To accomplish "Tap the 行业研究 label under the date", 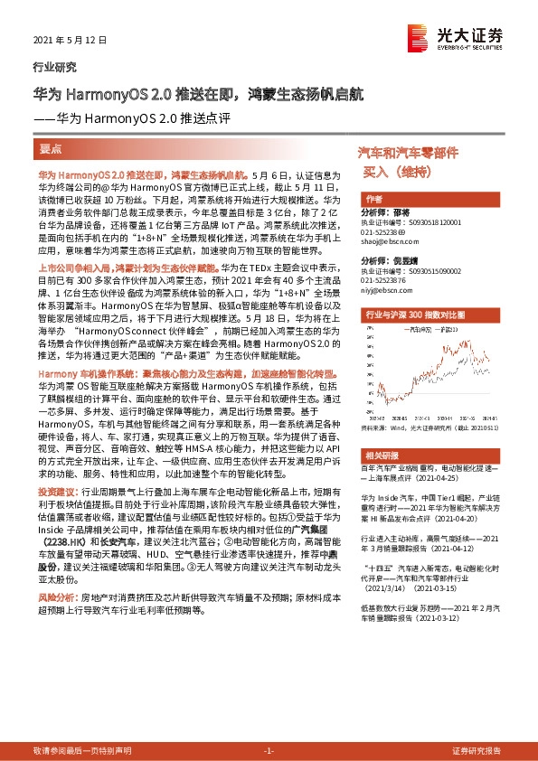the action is tap(54, 67).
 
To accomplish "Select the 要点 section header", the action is tap(51, 146).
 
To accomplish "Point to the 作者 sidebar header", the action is tap(373, 198).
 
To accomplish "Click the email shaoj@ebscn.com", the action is tap(386, 240).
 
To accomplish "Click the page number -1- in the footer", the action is tap(269, 751).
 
